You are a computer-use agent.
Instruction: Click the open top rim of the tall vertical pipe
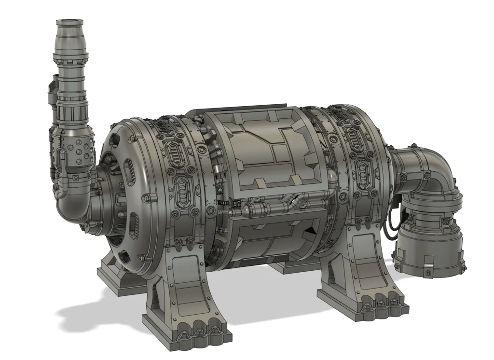point(70,21)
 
